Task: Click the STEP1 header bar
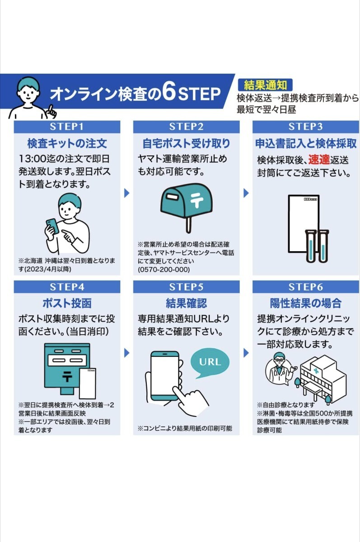point(67,126)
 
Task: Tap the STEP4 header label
point(67,287)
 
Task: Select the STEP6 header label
point(305,287)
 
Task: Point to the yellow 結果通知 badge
point(265,84)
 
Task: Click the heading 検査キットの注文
point(67,144)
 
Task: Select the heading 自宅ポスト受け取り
point(186,144)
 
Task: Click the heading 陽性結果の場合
point(305,303)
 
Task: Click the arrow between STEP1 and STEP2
point(127,193)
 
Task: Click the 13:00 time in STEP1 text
point(32,159)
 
